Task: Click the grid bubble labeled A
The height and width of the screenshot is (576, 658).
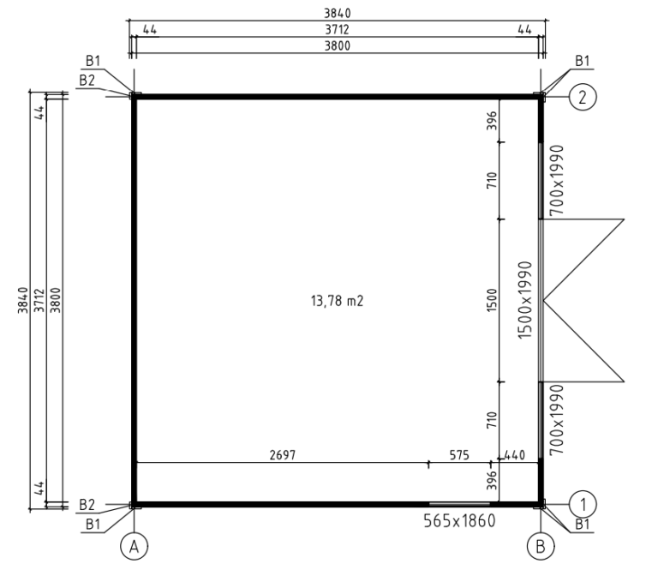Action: tap(134, 547)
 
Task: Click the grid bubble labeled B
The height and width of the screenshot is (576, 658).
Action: tap(541, 547)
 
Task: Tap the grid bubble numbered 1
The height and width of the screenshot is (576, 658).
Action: tap(583, 504)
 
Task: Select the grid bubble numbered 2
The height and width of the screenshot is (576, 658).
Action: tap(583, 97)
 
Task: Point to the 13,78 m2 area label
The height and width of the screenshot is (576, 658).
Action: tap(337, 301)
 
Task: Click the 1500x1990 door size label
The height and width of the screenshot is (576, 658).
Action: tap(525, 300)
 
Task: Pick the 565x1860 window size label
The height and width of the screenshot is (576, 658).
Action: tap(459, 521)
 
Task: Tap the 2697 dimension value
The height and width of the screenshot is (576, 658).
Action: tap(283, 455)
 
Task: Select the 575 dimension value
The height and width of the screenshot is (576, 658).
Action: tap(459, 455)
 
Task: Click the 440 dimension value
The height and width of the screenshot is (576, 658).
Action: tap(514, 455)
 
